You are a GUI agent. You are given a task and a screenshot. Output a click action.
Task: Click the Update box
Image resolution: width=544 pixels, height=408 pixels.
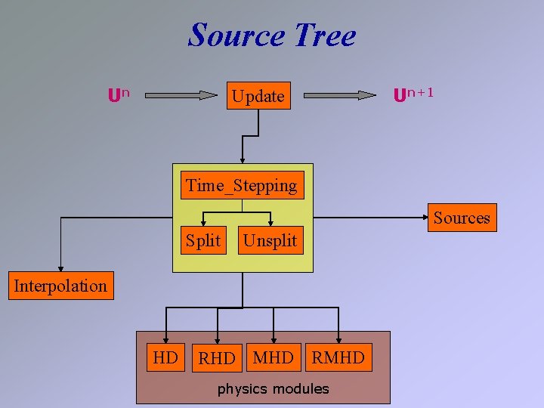[x=258, y=96]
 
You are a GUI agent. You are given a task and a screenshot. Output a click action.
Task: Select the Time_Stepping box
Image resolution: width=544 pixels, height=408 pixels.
[x=242, y=185]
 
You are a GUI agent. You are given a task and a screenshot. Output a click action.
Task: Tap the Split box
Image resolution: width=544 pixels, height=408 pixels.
[x=203, y=241]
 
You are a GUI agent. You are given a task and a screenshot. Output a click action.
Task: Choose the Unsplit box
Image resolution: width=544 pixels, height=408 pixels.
[x=270, y=241]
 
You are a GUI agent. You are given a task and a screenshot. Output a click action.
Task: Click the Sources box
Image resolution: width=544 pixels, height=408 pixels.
[x=461, y=218]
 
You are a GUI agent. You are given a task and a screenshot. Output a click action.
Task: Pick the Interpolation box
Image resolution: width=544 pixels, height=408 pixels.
[x=60, y=286]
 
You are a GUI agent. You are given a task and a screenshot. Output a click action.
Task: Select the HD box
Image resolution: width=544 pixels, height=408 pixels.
[x=165, y=357]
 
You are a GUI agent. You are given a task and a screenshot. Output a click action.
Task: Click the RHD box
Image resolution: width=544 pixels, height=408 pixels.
[x=217, y=358]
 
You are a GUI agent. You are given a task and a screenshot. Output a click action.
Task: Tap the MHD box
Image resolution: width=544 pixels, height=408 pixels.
[x=273, y=357]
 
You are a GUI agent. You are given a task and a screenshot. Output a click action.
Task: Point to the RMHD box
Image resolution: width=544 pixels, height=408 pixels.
[x=338, y=357]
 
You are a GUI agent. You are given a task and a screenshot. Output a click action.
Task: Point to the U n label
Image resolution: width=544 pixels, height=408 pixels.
[x=118, y=95]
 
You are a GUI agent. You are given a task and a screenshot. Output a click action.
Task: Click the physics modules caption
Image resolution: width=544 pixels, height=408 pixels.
[x=273, y=389]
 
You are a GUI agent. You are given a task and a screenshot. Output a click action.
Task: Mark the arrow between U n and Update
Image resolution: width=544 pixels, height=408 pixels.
[x=181, y=96]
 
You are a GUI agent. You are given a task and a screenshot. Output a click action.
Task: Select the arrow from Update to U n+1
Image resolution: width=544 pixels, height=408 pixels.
[x=340, y=95]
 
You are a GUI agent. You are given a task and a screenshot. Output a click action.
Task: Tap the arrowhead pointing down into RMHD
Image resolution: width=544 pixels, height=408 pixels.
[x=338, y=339]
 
